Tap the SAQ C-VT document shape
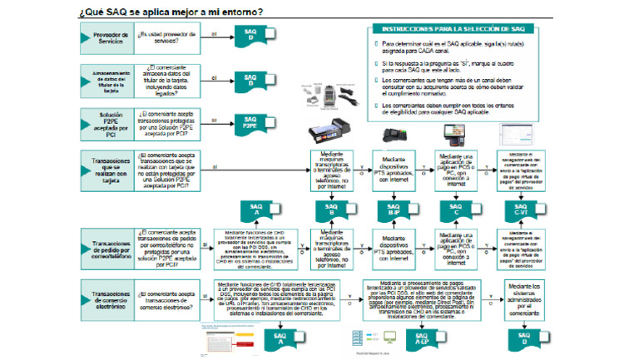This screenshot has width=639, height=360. click(522, 209)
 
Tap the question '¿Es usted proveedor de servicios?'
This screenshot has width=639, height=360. click(166, 36)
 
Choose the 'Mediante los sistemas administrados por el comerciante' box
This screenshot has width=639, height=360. click(524, 294)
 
